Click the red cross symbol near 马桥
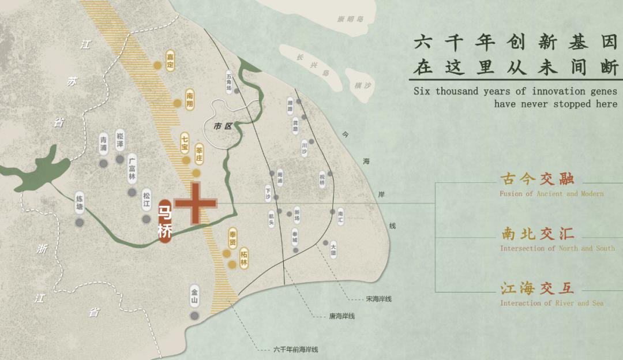(196, 203)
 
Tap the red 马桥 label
(164, 222)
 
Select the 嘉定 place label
(170, 60)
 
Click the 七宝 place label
(185, 141)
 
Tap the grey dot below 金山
(195, 316)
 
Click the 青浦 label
(103, 144)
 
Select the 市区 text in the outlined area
(222, 126)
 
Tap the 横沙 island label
(363, 85)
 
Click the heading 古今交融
(538, 179)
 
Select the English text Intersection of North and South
(557, 249)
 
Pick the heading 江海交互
(538, 288)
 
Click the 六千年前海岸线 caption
(295, 350)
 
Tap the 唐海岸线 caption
(341, 316)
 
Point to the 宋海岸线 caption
(378, 299)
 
